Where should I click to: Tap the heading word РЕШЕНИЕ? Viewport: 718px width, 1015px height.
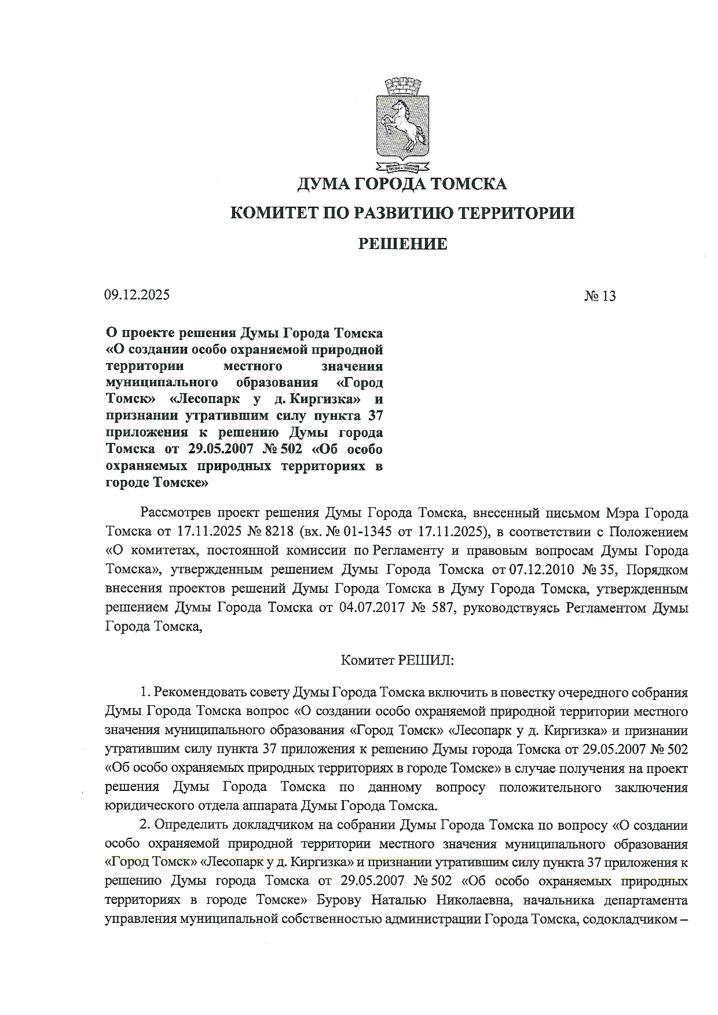[x=402, y=244]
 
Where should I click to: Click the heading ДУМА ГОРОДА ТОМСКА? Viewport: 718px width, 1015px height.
[x=402, y=184]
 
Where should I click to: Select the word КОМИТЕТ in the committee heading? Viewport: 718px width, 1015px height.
[x=272, y=213]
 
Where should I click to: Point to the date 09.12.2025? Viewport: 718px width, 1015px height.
[x=137, y=295]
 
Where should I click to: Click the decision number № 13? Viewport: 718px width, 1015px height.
[x=600, y=296]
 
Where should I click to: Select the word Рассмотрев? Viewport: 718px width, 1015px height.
[x=174, y=513]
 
